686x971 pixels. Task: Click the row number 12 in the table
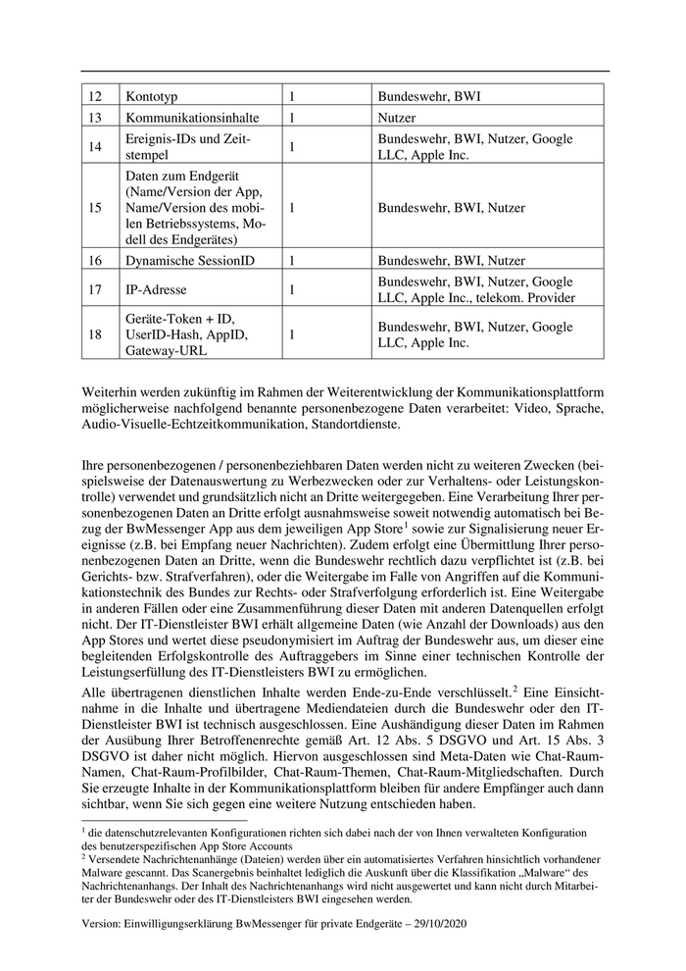(x=95, y=97)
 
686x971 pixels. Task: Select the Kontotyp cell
(x=151, y=97)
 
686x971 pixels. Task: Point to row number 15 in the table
(x=95, y=208)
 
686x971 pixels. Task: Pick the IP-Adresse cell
(x=156, y=289)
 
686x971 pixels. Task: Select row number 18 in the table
(x=95, y=334)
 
